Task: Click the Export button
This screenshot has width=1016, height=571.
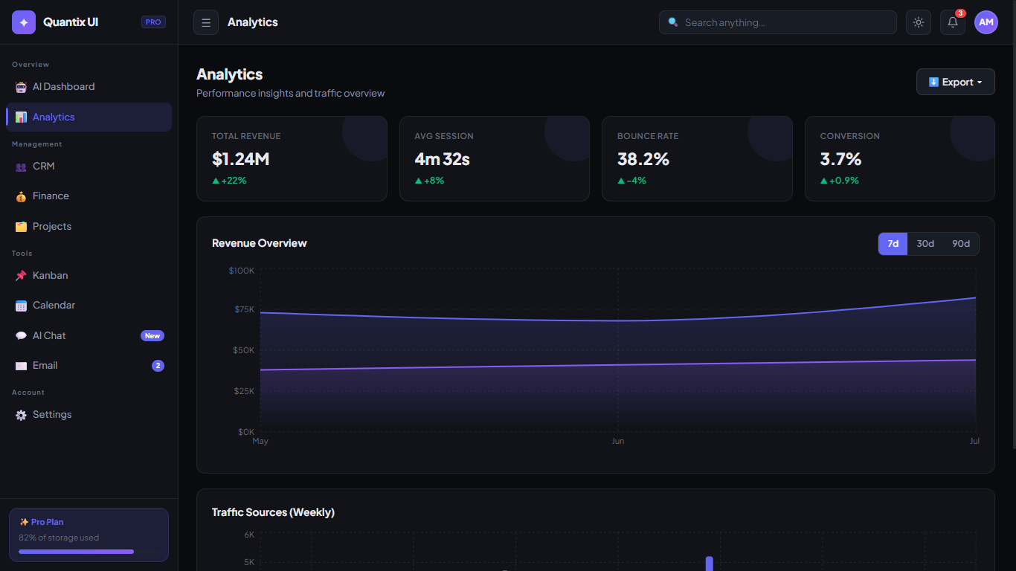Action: coord(955,82)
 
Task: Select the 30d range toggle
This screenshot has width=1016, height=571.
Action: coord(925,244)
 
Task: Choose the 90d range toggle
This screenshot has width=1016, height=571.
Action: coord(961,244)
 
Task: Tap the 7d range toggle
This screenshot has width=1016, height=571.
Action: coord(893,244)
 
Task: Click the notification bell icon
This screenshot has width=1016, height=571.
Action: coord(952,22)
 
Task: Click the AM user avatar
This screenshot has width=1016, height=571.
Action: coord(986,22)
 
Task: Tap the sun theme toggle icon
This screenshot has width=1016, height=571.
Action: coord(919,22)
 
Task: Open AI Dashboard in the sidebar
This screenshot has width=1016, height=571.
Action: coord(63,86)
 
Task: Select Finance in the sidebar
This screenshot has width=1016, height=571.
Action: coord(51,196)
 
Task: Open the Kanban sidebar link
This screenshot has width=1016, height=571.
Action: coord(50,275)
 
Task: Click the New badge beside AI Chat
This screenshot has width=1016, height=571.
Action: coord(152,336)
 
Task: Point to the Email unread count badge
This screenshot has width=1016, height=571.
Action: coord(158,366)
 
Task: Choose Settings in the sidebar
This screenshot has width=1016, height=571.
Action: coord(52,415)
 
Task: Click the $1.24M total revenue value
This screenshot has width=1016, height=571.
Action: coord(240,159)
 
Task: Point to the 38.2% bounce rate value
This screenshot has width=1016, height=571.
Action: coord(643,159)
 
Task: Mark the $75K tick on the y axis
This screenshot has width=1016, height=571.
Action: coord(244,309)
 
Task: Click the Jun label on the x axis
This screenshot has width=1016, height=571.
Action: coord(617,441)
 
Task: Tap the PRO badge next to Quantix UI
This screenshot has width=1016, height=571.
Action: coord(153,22)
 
